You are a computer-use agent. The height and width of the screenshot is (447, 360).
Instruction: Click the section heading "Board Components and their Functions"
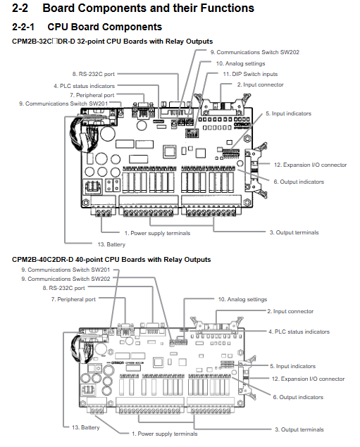click(x=148, y=8)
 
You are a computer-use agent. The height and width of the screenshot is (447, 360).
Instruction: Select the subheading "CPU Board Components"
click(x=104, y=27)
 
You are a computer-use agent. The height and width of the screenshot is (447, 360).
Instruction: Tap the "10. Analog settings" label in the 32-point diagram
click(x=240, y=63)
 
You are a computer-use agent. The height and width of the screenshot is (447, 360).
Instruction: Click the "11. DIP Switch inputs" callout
click(x=250, y=74)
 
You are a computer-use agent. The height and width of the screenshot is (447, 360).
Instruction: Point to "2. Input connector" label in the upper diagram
click(x=260, y=84)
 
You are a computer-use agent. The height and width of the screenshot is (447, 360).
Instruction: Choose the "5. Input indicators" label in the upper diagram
click(x=288, y=113)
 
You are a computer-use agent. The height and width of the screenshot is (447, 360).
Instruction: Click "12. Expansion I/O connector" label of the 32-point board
click(x=310, y=165)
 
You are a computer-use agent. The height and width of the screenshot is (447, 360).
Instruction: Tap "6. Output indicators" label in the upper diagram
click(x=299, y=182)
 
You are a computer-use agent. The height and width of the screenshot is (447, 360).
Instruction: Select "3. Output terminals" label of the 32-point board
click(x=294, y=232)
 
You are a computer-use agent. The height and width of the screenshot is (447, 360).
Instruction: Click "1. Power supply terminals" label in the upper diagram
click(x=157, y=233)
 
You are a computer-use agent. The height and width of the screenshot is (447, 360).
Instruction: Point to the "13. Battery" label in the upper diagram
click(x=111, y=244)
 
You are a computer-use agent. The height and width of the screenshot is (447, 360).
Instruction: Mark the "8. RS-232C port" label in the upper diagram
click(x=93, y=74)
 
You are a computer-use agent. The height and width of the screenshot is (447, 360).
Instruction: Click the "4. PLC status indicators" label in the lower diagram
click(x=299, y=332)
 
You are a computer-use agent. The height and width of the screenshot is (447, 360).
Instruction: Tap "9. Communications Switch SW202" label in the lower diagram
click(x=66, y=279)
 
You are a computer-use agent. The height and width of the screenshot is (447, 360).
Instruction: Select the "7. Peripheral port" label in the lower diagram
click(x=73, y=299)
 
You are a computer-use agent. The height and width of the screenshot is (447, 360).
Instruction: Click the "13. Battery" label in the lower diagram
click(x=85, y=427)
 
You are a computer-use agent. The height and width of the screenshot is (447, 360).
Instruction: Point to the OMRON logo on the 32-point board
click(x=242, y=125)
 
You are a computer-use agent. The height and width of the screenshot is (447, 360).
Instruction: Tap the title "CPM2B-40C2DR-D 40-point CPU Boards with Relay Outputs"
click(x=111, y=260)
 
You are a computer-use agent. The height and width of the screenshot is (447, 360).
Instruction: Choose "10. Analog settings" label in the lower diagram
click(x=242, y=299)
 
